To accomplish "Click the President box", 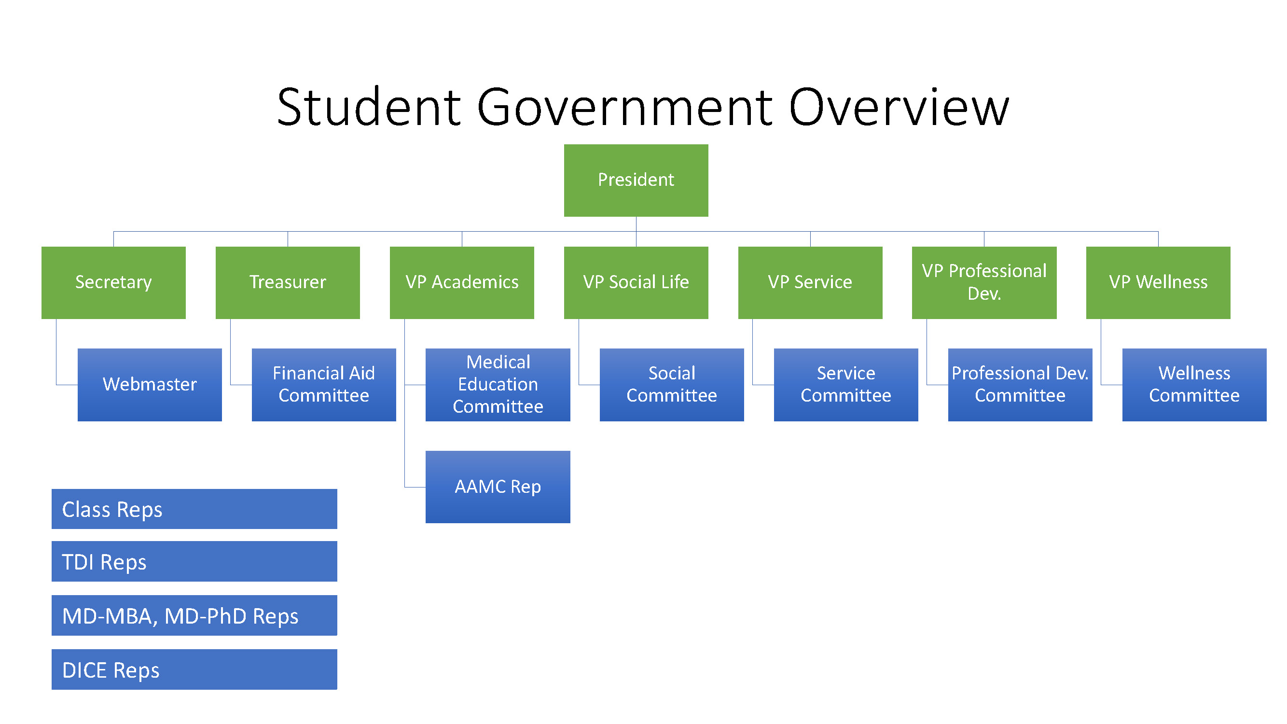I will point(636,181).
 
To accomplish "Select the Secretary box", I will point(113,282).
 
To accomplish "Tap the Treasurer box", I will point(287,282).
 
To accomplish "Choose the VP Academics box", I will point(462,282).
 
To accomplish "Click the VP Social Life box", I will point(636,282).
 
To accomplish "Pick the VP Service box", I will point(810,282).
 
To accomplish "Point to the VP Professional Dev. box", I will point(984,282).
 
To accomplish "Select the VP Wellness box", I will point(1158,282).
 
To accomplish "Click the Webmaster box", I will point(150,384).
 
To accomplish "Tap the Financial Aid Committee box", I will point(323,384).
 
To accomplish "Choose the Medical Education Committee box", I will point(498,384).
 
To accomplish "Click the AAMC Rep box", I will point(498,487).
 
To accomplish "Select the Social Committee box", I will point(671,384).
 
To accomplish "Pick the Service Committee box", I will point(845,384).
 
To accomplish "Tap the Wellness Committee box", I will point(1194,384).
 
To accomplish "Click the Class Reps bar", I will point(194,509).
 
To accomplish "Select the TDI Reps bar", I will point(194,561).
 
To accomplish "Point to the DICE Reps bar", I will point(194,669).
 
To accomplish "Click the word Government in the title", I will point(624,108).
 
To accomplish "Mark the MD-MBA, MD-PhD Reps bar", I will point(194,615).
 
